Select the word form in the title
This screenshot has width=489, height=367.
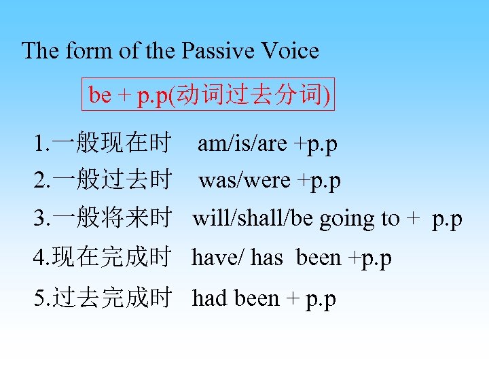(86, 51)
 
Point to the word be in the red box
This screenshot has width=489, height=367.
(100, 96)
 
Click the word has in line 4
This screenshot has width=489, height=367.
(266, 258)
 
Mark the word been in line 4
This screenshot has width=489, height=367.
(319, 258)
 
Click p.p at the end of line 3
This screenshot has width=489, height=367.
(447, 220)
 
